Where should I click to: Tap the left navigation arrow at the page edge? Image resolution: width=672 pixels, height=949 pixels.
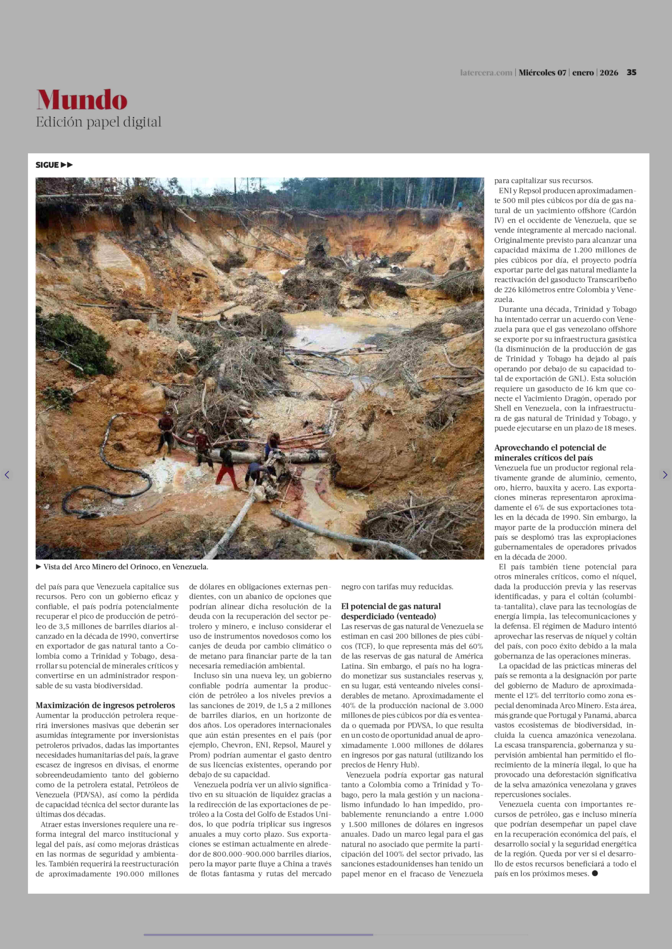pos(7,475)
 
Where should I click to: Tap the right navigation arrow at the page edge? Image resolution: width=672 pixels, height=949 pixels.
pos(665,475)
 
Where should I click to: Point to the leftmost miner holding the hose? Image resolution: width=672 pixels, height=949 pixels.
pos(166,432)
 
